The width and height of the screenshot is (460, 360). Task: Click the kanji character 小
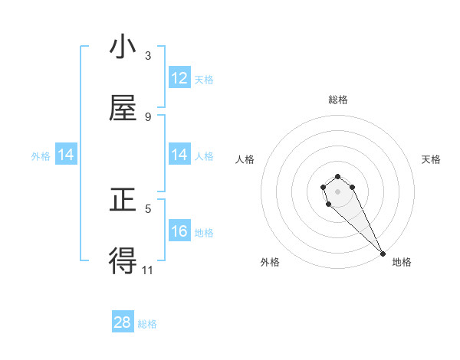123,47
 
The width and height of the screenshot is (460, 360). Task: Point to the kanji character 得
123,261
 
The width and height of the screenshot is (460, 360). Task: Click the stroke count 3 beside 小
148,55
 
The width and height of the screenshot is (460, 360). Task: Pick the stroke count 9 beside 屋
148,116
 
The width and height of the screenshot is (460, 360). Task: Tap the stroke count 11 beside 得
148,270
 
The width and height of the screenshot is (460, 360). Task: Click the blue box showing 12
179,78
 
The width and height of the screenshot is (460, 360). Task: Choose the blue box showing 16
179,231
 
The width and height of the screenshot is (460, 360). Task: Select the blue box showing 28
123,322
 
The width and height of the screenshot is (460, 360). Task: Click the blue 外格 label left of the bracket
41,155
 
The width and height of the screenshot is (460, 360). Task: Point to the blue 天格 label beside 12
204,79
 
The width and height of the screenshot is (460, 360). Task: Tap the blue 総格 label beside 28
147,323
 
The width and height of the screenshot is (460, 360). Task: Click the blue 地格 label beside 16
204,232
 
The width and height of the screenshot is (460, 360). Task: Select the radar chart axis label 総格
338,100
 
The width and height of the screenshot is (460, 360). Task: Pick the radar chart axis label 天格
432,159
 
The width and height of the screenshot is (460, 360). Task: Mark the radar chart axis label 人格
245,159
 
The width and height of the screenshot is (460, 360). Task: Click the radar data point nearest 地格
383,254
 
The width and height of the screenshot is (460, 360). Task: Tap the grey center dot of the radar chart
338,191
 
